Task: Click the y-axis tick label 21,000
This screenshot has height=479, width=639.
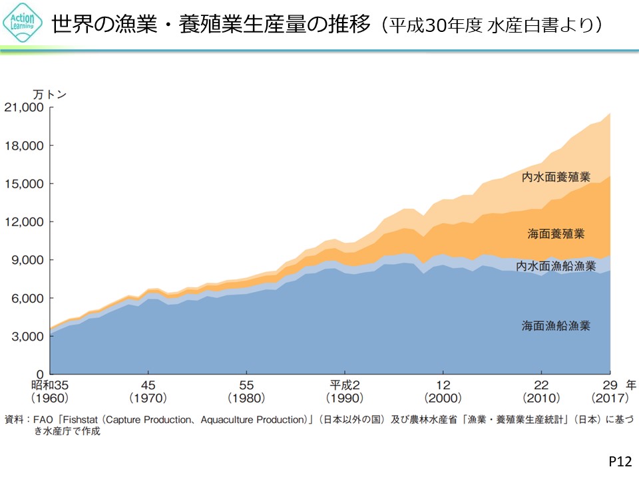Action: [x=25, y=107]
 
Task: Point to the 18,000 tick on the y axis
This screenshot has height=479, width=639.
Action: [x=25, y=146]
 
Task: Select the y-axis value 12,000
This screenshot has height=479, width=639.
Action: [x=25, y=222]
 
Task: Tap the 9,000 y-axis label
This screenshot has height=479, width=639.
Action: [x=27, y=260]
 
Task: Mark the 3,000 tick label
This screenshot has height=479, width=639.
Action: [x=27, y=336]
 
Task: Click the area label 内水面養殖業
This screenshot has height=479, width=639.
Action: [x=556, y=177]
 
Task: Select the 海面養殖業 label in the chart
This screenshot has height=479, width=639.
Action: [x=556, y=234]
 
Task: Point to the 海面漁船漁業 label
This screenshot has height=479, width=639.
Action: [x=556, y=326]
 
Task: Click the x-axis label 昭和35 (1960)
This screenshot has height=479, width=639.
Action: [x=50, y=391]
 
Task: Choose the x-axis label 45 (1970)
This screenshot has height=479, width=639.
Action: [x=148, y=391]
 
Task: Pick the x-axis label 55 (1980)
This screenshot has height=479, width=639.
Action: [x=246, y=391]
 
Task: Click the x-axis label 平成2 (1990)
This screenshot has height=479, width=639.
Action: [x=344, y=391]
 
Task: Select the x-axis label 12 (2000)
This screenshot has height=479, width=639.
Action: [x=443, y=391]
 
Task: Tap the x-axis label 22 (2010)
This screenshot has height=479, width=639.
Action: [x=540, y=391]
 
